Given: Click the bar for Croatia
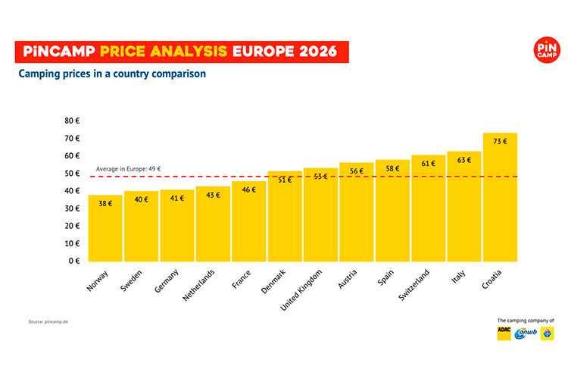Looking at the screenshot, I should tap(500, 197).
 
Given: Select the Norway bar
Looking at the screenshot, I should tap(105, 228).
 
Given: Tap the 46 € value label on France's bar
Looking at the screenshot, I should tap(249, 189).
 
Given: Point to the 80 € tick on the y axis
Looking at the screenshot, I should tap(73, 121).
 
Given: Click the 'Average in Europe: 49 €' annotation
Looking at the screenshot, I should tap(129, 169).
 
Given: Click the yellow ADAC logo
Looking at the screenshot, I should tap(504, 334).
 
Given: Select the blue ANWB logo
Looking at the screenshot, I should tap(525, 334).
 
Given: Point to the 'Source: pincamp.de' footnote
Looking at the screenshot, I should tap(48, 321).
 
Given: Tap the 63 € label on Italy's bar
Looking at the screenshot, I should tap(464, 160).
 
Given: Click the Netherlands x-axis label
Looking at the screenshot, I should tap(199, 284).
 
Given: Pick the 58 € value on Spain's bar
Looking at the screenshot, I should tap(392, 168).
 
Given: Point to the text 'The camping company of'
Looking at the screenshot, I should tap(526, 321).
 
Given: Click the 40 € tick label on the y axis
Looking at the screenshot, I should tap(73, 191).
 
